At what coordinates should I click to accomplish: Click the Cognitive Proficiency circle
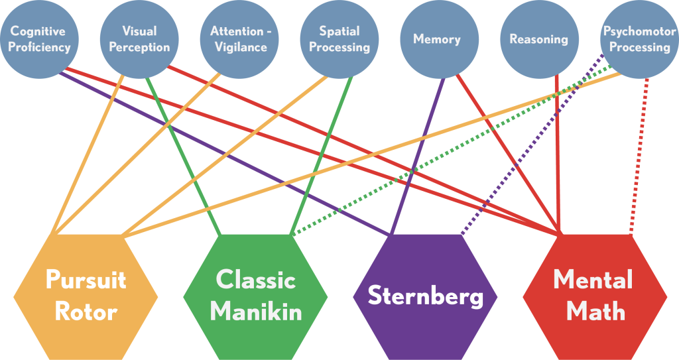[39, 39]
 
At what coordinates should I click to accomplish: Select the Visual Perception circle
[139, 39]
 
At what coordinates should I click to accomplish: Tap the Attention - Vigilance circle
[239, 39]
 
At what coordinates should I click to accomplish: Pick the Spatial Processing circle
[339, 39]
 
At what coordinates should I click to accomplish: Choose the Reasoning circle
[538, 39]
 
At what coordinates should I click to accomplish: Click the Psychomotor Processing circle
[639, 39]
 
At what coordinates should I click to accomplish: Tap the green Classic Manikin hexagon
[255, 296]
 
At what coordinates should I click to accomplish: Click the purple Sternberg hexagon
[425, 296]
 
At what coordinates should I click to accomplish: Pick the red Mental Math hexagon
[594, 296]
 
